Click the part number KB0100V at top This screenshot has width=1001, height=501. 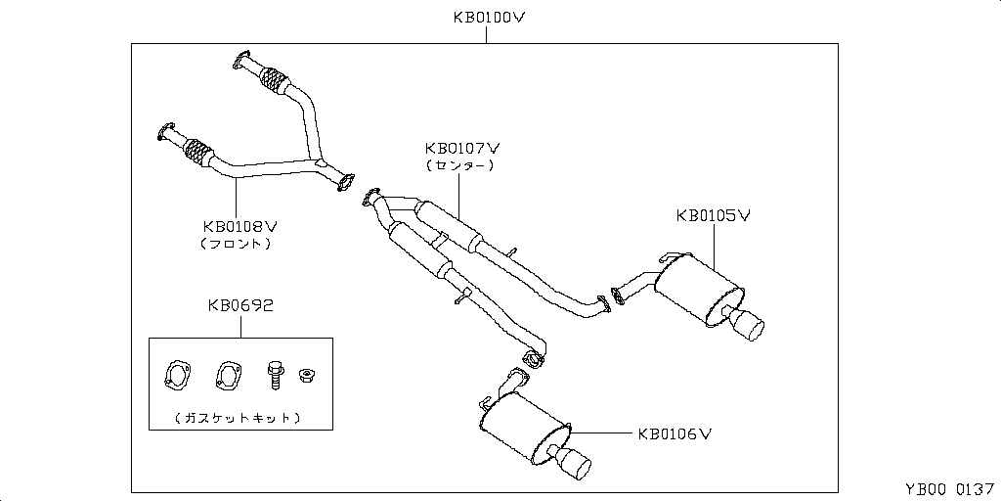pyautogui.click(x=488, y=17)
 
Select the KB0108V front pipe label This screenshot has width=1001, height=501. pyautogui.click(x=240, y=226)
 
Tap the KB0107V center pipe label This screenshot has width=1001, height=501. pyautogui.click(x=462, y=149)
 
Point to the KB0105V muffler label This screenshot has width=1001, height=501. pyautogui.click(x=713, y=215)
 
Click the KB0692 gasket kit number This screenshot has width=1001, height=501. pyautogui.click(x=239, y=305)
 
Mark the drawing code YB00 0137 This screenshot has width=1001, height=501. pyautogui.click(x=942, y=488)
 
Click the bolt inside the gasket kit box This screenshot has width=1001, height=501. pyautogui.click(x=274, y=372)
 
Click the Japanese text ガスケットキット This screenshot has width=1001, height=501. pyautogui.click(x=239, y=418)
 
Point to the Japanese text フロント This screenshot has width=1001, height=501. pyautogui.click(x=235, y=243)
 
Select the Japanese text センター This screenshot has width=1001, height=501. pyautogui.click(x=459, y=166)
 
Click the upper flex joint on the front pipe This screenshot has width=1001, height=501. pyautogui.click(x=277, y=80)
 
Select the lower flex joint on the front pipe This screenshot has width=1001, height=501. pyautogui.click(x=199, y=154)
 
